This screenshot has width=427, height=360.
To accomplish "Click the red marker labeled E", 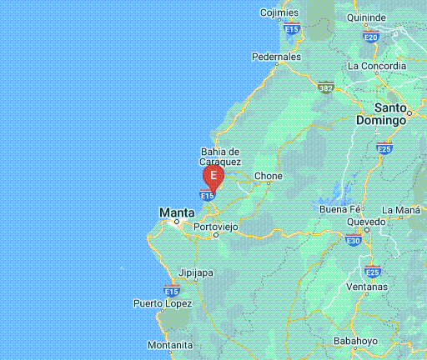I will tap(213, 176).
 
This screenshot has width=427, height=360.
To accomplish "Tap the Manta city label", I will tap(177, 213).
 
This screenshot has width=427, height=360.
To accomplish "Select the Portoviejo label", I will tap(215, 227).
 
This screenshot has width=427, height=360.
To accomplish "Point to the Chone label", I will tap(268, 176).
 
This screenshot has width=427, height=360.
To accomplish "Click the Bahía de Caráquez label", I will tap(221, 156).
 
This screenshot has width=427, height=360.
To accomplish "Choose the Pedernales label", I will tap(276, 57).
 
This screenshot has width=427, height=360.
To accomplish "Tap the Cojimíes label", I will tap(279, 12).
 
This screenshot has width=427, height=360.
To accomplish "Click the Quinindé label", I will tap(366, 17).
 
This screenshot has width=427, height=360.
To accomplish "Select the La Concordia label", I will tap(377, 66).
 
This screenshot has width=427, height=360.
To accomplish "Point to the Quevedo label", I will tap(366, 222).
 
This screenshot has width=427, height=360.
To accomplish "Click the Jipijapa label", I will tap(197, 272).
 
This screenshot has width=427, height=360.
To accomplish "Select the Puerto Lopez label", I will tap(162, 303).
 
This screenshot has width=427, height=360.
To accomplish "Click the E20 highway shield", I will tap(371, 37).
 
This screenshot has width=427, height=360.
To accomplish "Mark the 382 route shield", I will tap(326, 86).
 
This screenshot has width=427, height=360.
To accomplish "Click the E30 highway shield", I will tap(354, 241).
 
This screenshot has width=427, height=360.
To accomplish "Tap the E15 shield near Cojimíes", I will tap(291, 29).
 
